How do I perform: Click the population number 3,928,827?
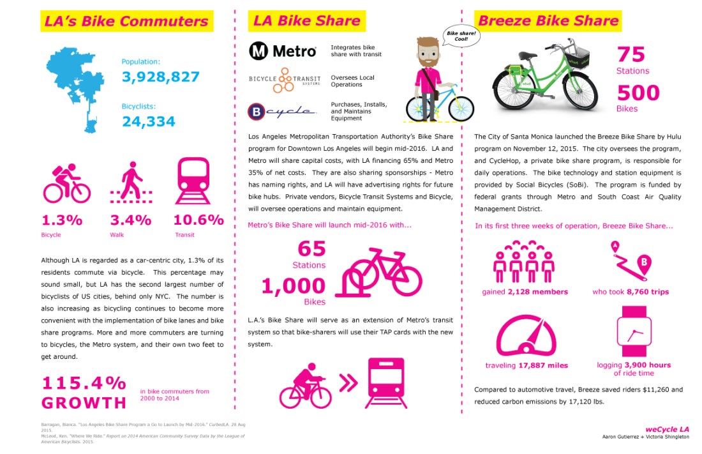pos(160,77)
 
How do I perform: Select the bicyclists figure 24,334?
pos(148,121)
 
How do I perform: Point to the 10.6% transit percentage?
pos(198,220)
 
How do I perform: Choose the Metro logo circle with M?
pos(258,51)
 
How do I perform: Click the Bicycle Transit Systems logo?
pos(280,81)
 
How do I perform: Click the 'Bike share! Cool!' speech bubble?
pos(457,35)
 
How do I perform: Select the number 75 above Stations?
pos(631,54)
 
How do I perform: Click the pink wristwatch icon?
pos(633,333)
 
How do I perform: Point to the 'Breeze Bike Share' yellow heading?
pos(548,20)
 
